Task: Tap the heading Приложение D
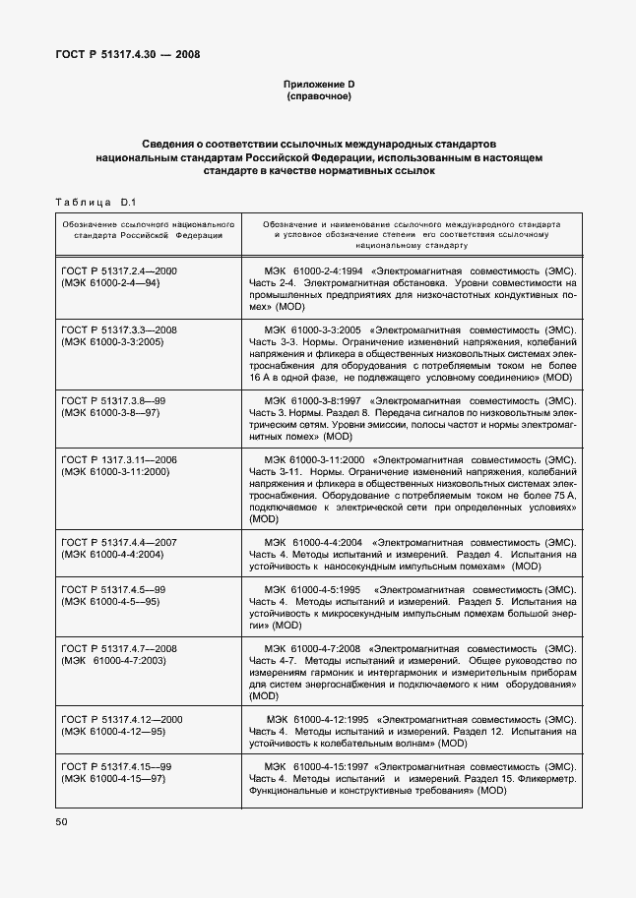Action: point(317,85)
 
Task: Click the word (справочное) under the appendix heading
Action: point(317,97)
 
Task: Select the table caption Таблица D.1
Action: point(96,204)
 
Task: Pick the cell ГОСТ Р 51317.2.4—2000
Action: point(119,270)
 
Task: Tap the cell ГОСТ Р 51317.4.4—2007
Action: point(119,543)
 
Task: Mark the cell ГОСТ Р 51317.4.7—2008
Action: point(119,649)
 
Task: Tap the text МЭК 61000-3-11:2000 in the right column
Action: point(315,460)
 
